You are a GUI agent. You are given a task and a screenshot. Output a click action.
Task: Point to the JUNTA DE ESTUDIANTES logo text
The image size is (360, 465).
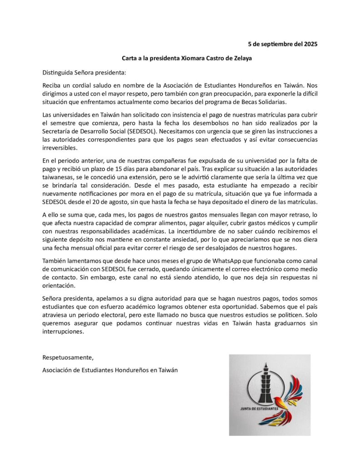tap(260, 408)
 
